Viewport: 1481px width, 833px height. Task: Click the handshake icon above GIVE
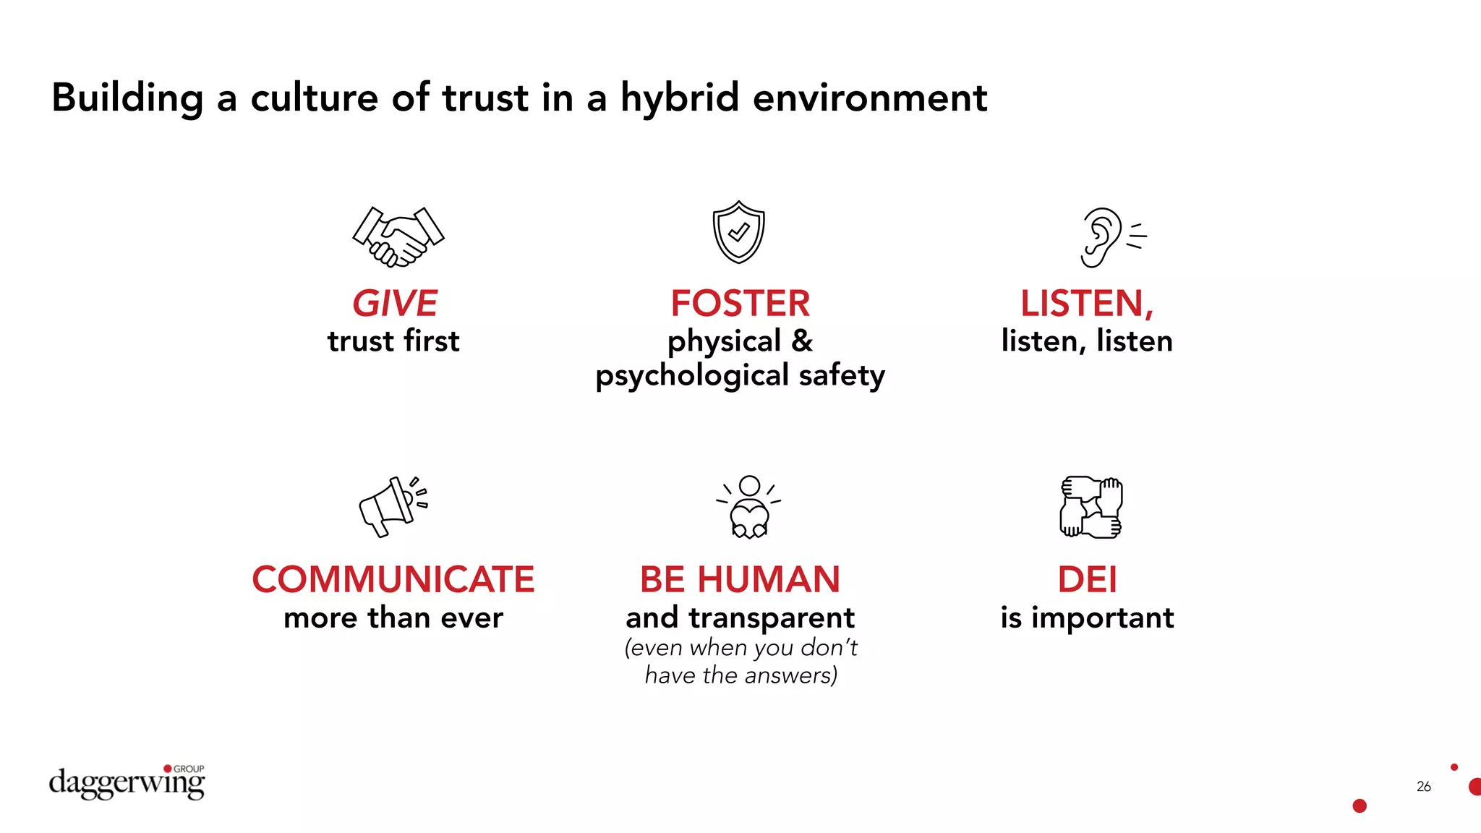[398, 236]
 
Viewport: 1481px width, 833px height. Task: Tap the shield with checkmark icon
[738, 232]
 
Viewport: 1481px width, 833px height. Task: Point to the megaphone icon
[393, 505]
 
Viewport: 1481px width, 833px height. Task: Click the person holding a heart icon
[749, 507]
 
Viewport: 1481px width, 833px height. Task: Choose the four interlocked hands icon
[1091, 507]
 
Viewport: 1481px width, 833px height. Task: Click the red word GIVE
[395, 303]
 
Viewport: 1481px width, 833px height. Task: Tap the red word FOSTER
[740, 303]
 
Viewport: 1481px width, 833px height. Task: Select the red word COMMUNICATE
[393, 579]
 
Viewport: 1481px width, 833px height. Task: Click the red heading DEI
[1087, 579]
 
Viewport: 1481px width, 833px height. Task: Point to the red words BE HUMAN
[740, 579]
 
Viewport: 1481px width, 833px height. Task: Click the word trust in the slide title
[485, 98]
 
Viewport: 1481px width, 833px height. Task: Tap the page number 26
[1423, 786]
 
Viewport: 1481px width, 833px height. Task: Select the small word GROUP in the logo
[189, 769]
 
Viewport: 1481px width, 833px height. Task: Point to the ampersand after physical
[801, 341]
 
